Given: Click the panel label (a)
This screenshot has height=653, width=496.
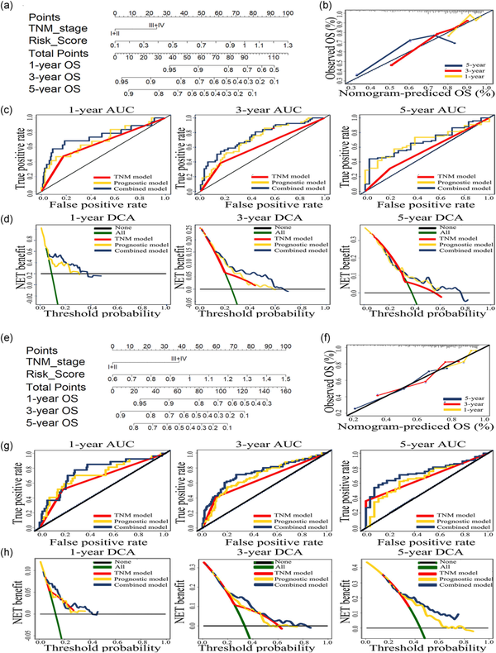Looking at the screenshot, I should coord(11,7).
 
